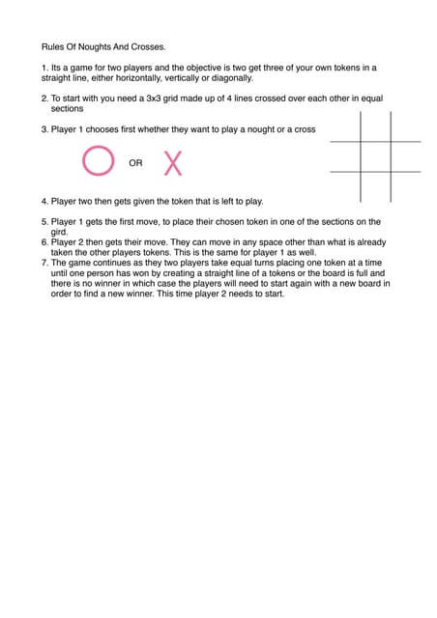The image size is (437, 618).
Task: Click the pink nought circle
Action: click(98, 161)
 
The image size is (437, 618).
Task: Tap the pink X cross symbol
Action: click(173, 163)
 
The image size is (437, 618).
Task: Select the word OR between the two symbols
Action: click(135, 163)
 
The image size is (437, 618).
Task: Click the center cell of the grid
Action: click(375, 156)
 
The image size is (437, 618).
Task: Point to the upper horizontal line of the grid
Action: click(375, 142)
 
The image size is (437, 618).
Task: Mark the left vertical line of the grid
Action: click(361, 156)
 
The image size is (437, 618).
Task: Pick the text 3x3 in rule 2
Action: click(158, 98)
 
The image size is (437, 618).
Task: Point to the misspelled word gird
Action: click(59, 232)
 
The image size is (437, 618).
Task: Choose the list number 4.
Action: click(44, 202)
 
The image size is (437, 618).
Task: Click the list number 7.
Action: click(44, 263)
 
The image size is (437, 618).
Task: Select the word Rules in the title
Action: click(52, 46)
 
